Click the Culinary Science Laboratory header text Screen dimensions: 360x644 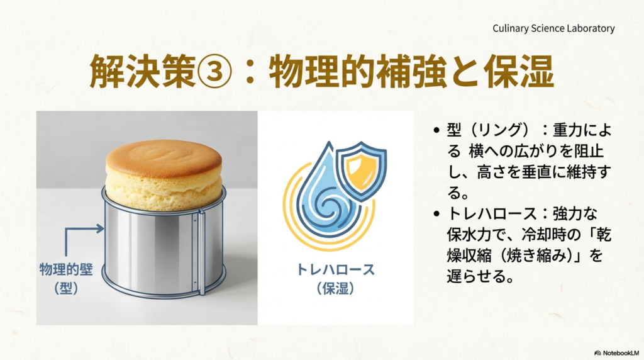[553, 28]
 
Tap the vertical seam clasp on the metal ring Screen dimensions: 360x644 [201, 252]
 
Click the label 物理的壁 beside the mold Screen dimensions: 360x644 [66, 269]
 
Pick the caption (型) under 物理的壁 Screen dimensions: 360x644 [66, 288]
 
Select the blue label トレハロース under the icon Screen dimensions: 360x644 [335, 270]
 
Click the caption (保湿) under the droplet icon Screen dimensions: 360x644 [335, 288]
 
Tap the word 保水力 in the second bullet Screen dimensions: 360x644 [472, 234]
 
